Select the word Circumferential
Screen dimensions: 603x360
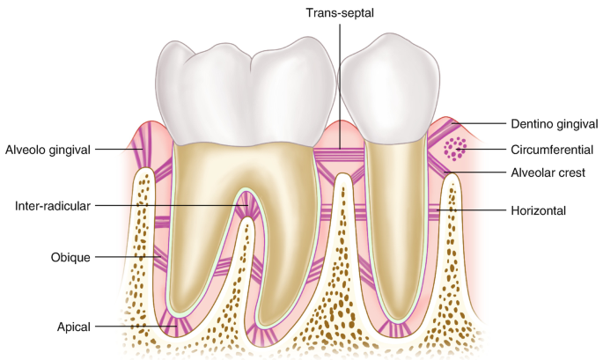pos(552,149)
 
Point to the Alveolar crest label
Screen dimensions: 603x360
pos(548,173)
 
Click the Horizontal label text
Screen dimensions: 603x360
pos(538,210)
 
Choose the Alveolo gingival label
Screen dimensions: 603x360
pos(48,150)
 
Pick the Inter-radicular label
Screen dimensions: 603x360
pos(54,206)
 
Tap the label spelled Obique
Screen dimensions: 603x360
pos(71,257)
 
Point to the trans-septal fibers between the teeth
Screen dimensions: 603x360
pos(340,156)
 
